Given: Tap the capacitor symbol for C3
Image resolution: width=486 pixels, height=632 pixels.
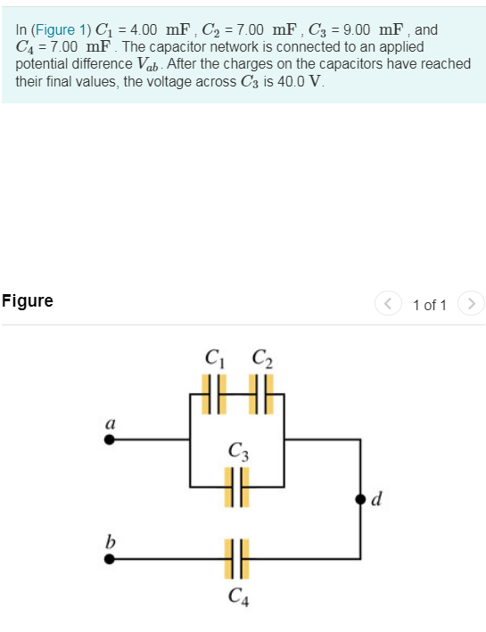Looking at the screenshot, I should [235, 488].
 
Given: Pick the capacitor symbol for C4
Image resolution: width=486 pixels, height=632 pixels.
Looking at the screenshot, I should [235, 558].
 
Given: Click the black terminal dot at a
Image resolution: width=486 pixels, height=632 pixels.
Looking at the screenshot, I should [110, 439].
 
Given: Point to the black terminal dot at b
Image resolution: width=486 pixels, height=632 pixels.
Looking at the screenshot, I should [110, 559].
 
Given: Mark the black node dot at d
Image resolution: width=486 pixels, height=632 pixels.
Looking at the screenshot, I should [359, 498].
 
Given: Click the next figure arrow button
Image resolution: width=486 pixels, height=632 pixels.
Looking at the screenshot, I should [473, 305].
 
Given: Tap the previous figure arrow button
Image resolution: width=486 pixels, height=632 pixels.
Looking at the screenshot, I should [388, 305].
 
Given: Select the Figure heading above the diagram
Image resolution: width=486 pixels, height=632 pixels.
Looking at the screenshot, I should [28, 301].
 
